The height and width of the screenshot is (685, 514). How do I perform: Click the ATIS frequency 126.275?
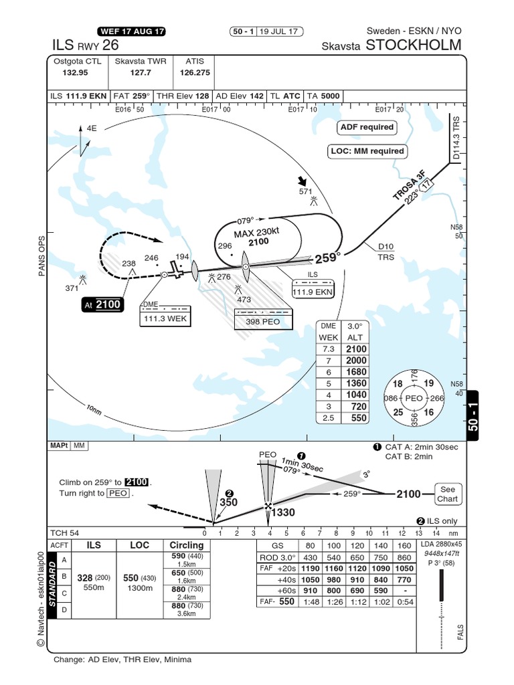195,72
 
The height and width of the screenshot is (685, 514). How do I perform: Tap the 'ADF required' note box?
367,127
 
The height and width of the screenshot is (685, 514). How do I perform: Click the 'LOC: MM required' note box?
367,151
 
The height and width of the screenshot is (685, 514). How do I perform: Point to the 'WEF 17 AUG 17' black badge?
131,31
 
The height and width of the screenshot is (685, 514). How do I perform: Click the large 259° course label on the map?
328,256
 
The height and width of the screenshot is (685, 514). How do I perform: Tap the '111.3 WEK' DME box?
165,319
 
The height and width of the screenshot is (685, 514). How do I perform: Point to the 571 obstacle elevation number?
306,191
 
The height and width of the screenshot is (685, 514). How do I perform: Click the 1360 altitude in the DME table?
357,384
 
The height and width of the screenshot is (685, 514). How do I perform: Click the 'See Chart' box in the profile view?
447,494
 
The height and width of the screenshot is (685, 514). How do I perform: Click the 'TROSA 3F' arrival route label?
408,185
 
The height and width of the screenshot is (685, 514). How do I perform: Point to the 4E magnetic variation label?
91,127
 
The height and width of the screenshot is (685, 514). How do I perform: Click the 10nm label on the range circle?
93,409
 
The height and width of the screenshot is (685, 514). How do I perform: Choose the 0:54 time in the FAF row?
404,583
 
